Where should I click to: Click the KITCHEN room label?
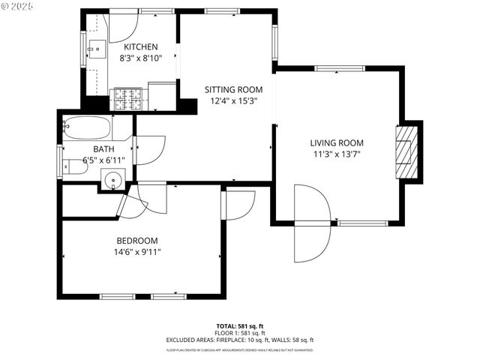click(141, 47)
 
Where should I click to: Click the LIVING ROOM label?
click(337, 143)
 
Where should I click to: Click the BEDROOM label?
click(137, 241)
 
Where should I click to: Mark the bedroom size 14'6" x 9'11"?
click(137, 251)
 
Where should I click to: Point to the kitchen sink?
click(94, 50)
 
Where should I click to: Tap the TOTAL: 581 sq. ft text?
click(240, 326)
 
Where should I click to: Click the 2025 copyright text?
click(19, 7)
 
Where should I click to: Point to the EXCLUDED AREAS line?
click(240, 340)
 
